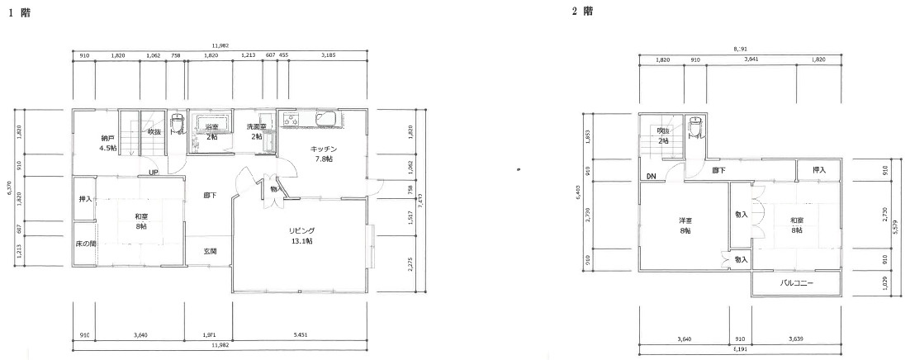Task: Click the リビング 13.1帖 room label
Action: pyautogui.click(x=301, y=235)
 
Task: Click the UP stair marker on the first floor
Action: pyautogui.click(x=154, y=173)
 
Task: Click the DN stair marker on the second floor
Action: pyautogui.click(x=652, y=177)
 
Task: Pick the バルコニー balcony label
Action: pyautogui.click(x=797, y=283)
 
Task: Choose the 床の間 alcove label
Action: pyautogui.click(x=85, y=244)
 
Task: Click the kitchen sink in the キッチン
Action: pyautogui.click(x=325, y=121)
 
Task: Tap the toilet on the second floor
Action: pyautogui.click(x=698, y=126)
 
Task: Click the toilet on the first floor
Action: pyautogui.click(x=175, y=126)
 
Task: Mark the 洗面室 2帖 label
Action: pyautogui.click(x=257, y=131)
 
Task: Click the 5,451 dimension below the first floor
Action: pyautogui.click(x=302, y=335)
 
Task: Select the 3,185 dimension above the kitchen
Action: pyautogui.click(x=328, y=55)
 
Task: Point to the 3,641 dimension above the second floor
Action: pyautogui.click(x=751, y=59)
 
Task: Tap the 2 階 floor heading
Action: pyautogui.click(x=581, y=12)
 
